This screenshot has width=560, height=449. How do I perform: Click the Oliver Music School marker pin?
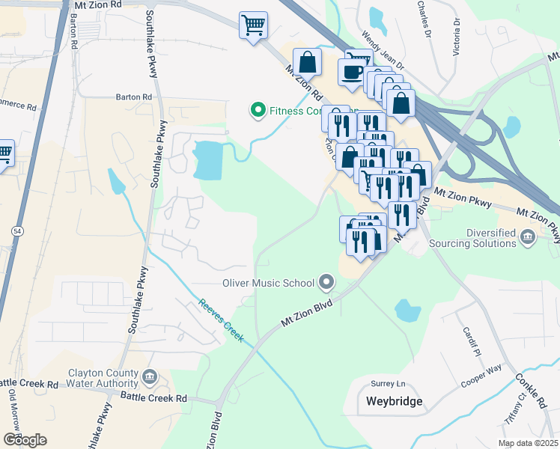(x=326, y=283)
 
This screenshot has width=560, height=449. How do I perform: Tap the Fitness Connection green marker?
(x=258, y=112)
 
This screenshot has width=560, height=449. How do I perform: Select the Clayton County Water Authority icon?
(x=149, y=375)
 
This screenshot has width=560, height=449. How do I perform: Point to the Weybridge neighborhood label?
(x=394, y=401)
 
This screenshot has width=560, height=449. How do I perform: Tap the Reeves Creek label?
(x=222, y=321)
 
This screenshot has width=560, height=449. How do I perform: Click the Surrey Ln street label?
(x=388, y=384)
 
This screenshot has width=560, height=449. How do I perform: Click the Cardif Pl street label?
(x=469, y=340)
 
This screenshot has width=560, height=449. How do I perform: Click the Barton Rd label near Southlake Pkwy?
(x=134, y=97)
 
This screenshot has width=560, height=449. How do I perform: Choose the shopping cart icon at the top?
(x=253, y=25)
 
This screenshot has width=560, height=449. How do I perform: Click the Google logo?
(x=25, y=439)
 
